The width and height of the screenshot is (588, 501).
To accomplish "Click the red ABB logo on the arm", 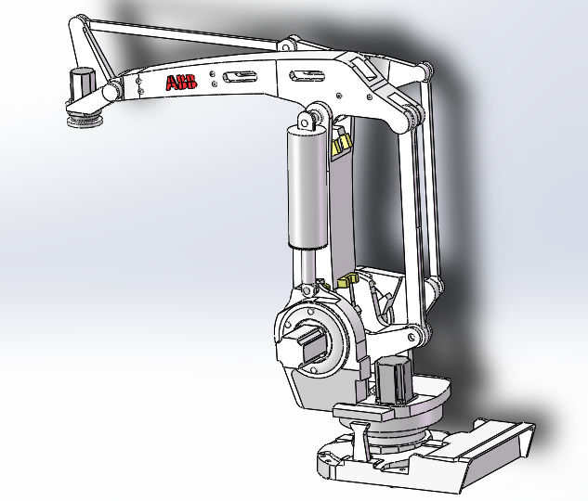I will tap(181, 83).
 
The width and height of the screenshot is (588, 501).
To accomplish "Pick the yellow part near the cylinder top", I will tap(341, 142).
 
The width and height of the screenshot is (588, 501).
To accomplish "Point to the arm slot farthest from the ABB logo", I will tap(307, 75).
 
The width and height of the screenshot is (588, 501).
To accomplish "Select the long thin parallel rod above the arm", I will tap(186, 34).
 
